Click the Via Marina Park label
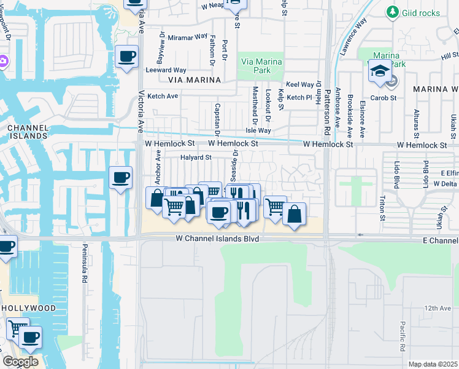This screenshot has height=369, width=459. click(261, 66)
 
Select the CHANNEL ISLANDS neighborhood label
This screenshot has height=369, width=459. click(28, 132)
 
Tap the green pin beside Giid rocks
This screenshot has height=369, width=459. click(392, 12)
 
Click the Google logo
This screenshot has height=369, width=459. click(20, 362)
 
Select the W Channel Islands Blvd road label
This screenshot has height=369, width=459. click(217, 238)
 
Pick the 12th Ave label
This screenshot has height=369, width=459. click(437, 307)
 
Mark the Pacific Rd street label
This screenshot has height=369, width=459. click(402, 335)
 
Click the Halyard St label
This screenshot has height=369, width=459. click(196, 157)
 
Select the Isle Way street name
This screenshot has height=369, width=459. click(258, 130)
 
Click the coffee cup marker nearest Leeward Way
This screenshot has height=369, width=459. click(127, 57)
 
